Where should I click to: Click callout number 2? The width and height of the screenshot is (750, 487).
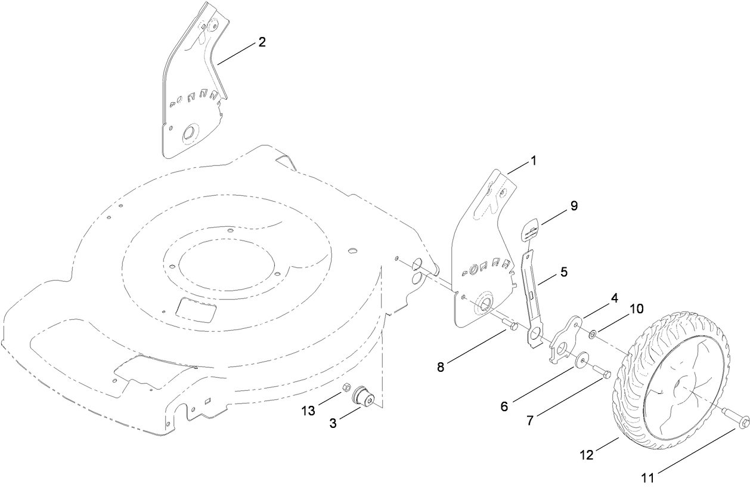pyautogui.click(x=262, y=42)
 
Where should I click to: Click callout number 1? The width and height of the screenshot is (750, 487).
pyautogui.click(x=534, y=161)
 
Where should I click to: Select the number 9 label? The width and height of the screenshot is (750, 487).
pyautogui.click(x=574, y=205)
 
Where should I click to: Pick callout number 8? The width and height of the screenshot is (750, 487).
pyautogui.click(x=441, y=367)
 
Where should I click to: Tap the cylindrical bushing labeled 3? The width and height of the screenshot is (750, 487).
pyautogui.click(x=362, y=397)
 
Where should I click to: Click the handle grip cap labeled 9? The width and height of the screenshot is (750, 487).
pyautogui.click(x=532, y=230)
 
